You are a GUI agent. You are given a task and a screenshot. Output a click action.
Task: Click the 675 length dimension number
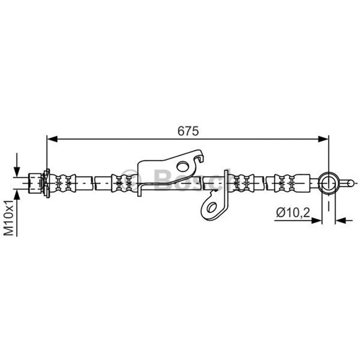[188, 131]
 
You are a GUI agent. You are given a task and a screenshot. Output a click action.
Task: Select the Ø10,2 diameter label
[293, 213]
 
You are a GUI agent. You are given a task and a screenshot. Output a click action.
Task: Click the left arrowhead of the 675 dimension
[52, 139]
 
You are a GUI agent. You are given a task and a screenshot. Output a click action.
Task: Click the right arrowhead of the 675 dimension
[324, 139]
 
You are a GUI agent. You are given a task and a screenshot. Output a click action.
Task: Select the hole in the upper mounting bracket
[183, 166]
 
